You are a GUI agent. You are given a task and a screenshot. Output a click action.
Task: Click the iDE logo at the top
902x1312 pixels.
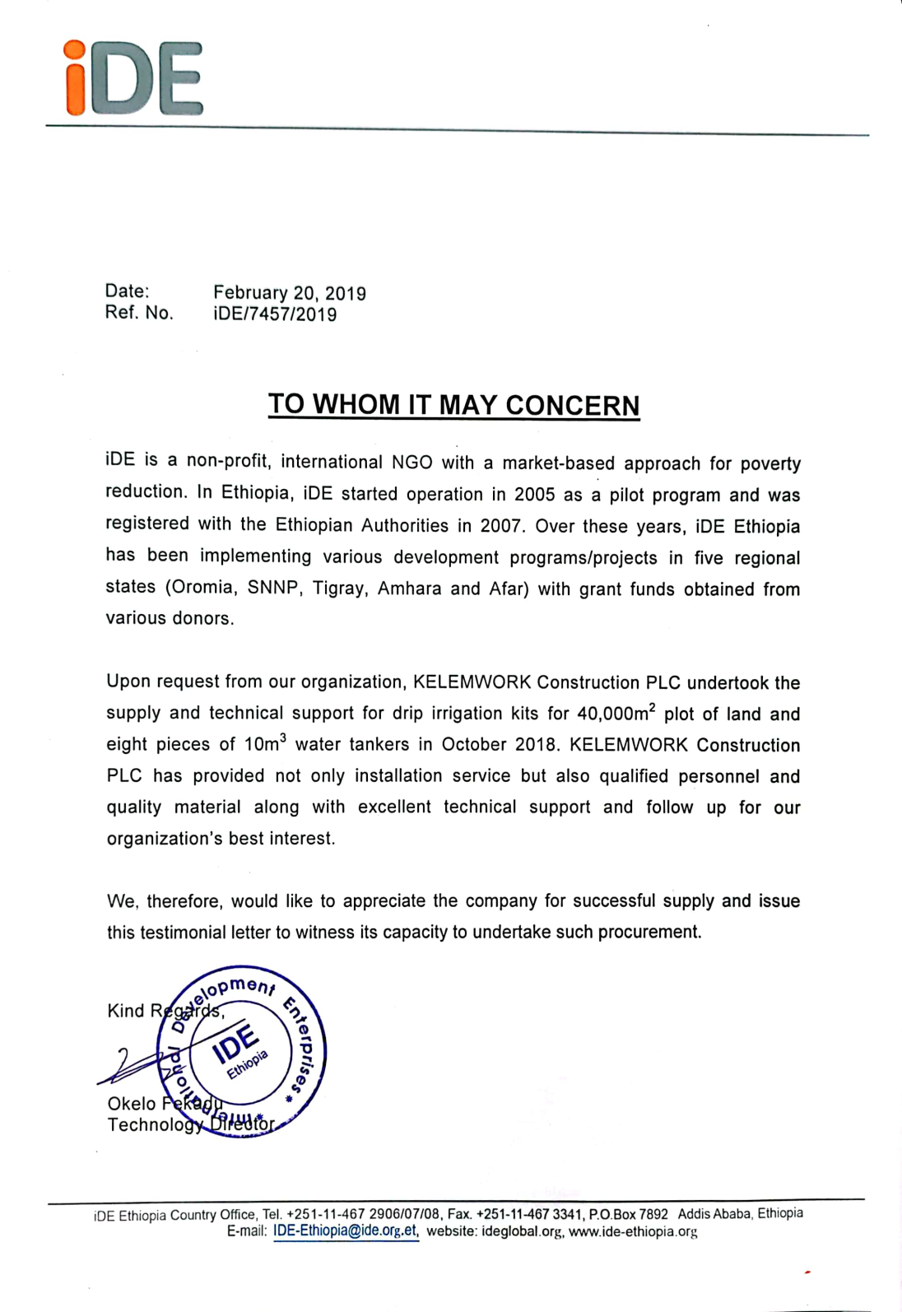click(x=134, y=78)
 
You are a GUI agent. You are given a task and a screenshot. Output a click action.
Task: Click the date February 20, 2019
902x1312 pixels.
click(x=290, y=293)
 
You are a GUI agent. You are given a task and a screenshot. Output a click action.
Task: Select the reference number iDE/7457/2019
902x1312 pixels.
click(x=275, y=314)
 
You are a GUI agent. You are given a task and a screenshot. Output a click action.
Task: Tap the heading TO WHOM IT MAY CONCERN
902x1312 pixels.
click(x=453, y=405)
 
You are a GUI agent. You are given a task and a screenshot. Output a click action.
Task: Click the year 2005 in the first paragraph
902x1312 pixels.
click(x=535, y=495)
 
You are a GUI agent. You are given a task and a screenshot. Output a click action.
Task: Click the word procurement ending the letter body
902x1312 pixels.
click(x=653, y=933)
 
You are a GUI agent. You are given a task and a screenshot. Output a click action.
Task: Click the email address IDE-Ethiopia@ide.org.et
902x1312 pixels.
click(x=346, y=1232)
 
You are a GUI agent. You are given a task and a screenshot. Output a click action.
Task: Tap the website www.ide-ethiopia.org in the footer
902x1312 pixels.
click(x=633, y=1232)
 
